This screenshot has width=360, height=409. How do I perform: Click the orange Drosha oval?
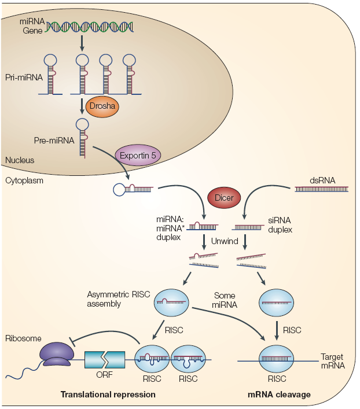101,106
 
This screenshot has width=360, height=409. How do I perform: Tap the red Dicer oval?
225,198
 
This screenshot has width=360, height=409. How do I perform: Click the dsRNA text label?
322,179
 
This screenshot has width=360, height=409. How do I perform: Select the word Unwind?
225,241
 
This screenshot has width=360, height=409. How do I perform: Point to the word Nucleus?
19,160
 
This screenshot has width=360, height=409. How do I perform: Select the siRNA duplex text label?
280,225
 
